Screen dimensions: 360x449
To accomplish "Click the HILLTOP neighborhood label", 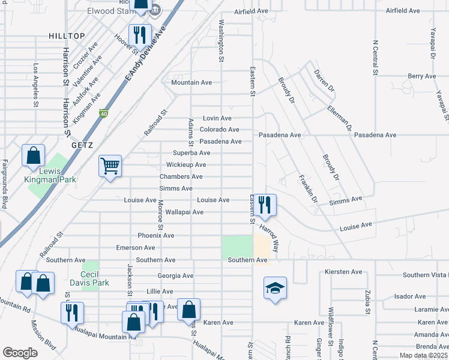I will (x=67, y=37).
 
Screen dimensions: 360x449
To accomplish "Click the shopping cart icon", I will (x=110, y=166).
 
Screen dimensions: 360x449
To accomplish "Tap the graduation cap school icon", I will (x=275, y=289).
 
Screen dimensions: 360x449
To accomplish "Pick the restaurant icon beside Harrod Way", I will (x=264, y=205).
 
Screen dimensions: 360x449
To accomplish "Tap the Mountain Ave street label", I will (x=191, y=82).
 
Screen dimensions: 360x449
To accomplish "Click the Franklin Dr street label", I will (x=307, y=188).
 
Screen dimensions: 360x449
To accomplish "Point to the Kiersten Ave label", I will (x=343, y=272).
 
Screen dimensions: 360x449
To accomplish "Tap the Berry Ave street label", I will (x=421, y=76).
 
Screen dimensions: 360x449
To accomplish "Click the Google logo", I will (x=20, y=353).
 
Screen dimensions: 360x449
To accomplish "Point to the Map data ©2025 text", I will (x=423, y=355).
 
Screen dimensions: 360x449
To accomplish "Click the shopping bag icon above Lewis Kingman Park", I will (x=33, y=155).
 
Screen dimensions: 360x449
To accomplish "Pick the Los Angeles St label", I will (x=36, y=85).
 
